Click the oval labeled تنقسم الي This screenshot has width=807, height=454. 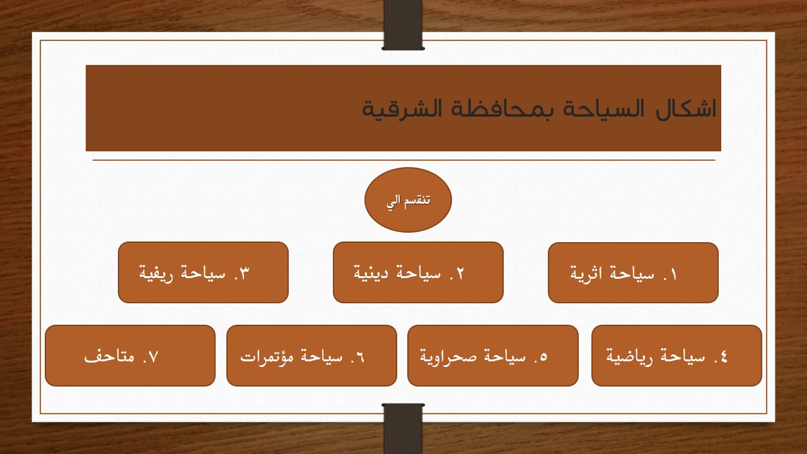click(408, 200)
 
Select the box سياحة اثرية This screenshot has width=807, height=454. click(633, 273)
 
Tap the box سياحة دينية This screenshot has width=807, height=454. click(418, 272)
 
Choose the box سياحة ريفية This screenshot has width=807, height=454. click(203, 272)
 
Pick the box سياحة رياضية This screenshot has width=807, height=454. click(676, 356)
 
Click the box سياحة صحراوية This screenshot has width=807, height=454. click(492, 356)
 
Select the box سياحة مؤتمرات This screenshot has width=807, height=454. click(311, 356)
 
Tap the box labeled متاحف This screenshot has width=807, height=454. click(130, 356)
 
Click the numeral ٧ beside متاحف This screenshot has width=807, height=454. click(150, 357)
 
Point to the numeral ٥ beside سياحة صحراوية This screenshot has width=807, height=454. click(543, 357)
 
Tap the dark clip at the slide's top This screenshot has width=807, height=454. click(403, 25)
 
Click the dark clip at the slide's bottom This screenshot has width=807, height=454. click(403, 428)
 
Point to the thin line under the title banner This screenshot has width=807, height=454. click(403, 160)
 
